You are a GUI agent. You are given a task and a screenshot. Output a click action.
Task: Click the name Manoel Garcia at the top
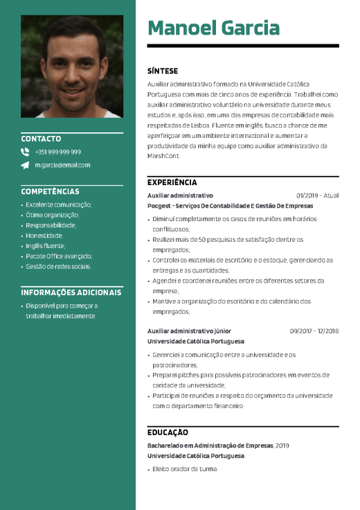pos(213,28)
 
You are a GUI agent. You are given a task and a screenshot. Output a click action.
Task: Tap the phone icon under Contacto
pos(26,152)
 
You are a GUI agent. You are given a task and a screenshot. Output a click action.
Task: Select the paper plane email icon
pos(26,165)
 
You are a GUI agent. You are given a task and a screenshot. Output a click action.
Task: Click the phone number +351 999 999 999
pos(57,152)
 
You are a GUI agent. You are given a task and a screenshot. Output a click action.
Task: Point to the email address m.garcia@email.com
pos(62,165)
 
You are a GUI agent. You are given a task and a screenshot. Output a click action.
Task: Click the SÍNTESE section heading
pos(163,71)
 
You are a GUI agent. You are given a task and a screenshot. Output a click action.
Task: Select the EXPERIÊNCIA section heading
pos(172,182)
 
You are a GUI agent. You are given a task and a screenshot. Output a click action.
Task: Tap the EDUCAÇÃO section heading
pos(168,432)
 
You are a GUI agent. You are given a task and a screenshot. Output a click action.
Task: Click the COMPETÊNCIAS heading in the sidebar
pos(50,191)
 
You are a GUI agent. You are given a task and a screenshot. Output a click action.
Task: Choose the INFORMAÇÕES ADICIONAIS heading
pos(72,292)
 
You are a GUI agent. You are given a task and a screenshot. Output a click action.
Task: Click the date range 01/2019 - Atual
pos(317,195)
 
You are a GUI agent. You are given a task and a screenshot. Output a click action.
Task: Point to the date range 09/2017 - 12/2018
pos(314,331)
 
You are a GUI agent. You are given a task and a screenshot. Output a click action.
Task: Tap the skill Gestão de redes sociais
pos(58,266)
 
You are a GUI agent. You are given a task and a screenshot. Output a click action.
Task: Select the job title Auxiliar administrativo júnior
pos(189,331)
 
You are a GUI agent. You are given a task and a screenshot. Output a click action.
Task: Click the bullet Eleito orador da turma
pos(185,469)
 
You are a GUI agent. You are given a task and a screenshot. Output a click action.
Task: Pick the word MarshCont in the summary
pos(163,156)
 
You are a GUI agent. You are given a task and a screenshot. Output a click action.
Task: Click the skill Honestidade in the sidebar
pos(45,235)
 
